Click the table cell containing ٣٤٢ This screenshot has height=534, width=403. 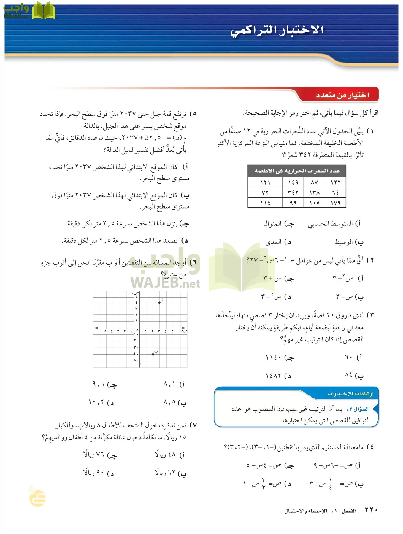point(293,193)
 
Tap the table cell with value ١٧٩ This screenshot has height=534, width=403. point(335,203)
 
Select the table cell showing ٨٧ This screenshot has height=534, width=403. point(314,182)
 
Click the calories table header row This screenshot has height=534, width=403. point(297,171)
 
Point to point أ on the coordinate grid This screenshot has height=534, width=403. point(159,303)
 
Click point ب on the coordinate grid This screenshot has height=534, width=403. point(153,354)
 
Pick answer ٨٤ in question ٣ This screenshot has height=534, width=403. point(349,375)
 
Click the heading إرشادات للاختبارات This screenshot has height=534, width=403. point(350,394)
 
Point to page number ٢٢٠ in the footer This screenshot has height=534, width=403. point(371,510)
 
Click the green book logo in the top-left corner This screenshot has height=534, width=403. point(43,11)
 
